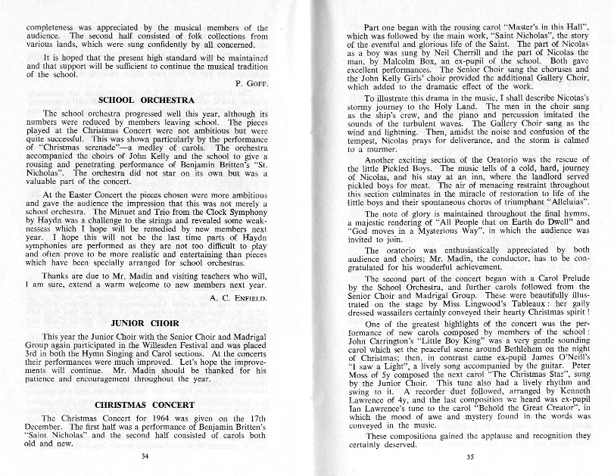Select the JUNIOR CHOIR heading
click(144, 322)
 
